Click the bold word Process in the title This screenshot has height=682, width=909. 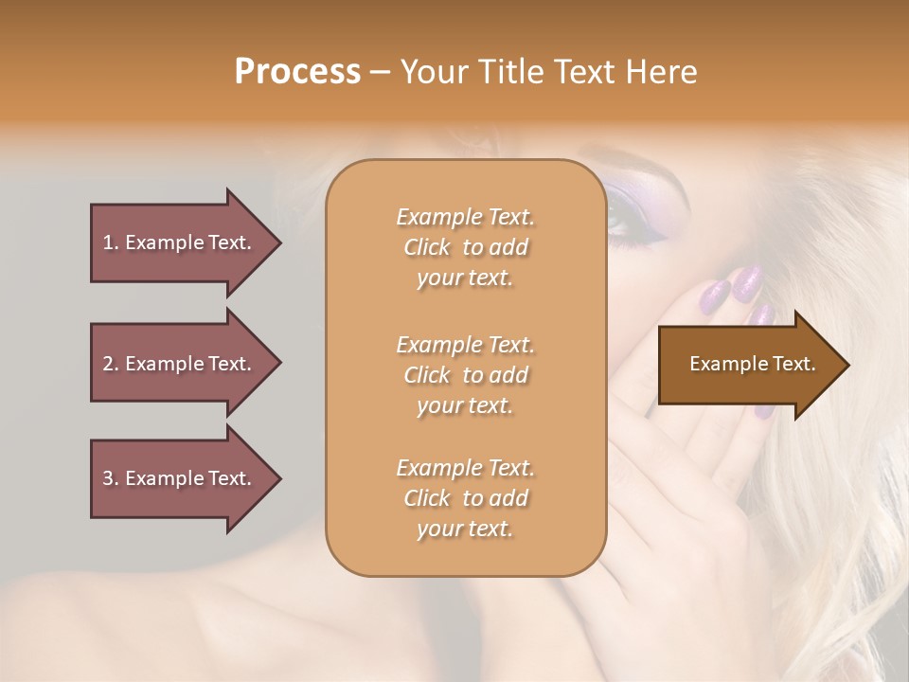coord(297,72)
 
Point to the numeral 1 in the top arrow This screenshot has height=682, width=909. coord(108,242)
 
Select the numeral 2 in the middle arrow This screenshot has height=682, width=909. coord(108,364)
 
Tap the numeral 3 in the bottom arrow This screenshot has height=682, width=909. coord(108,478)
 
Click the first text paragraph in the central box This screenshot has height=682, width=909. coord(465,247)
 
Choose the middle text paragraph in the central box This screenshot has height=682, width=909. coord(465,375)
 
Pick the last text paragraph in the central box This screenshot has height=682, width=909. coord(465,498)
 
